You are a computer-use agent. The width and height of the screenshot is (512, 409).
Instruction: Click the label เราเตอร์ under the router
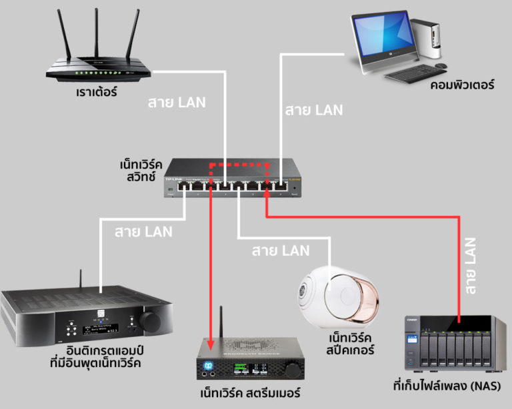point(96,91)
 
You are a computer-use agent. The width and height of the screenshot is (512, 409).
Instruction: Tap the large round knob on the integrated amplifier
point(149,322)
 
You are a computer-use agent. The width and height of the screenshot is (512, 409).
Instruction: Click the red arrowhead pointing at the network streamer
point(211,345)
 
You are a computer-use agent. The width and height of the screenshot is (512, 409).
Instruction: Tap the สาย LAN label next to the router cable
point(176,103)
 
